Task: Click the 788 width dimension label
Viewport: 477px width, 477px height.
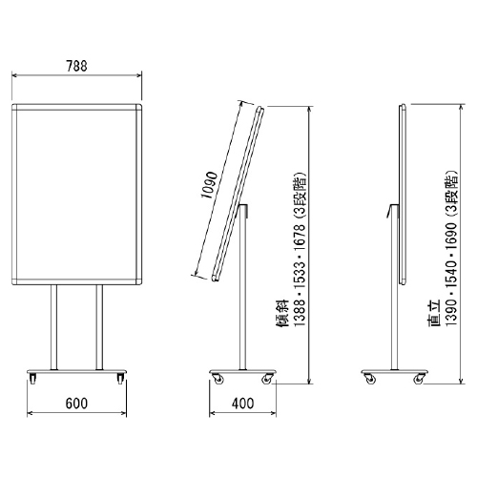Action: click(x=76, y=66)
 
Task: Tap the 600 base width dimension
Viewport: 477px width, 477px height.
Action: click(x=76, y=404)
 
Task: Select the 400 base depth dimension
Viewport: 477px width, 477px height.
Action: click(x=242, y=404)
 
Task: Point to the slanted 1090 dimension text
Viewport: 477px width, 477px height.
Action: click(x=210, y=185)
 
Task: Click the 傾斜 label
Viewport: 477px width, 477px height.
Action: click(x=282, y=313)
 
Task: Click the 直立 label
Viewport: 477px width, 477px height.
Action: click(x=434, y=313)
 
